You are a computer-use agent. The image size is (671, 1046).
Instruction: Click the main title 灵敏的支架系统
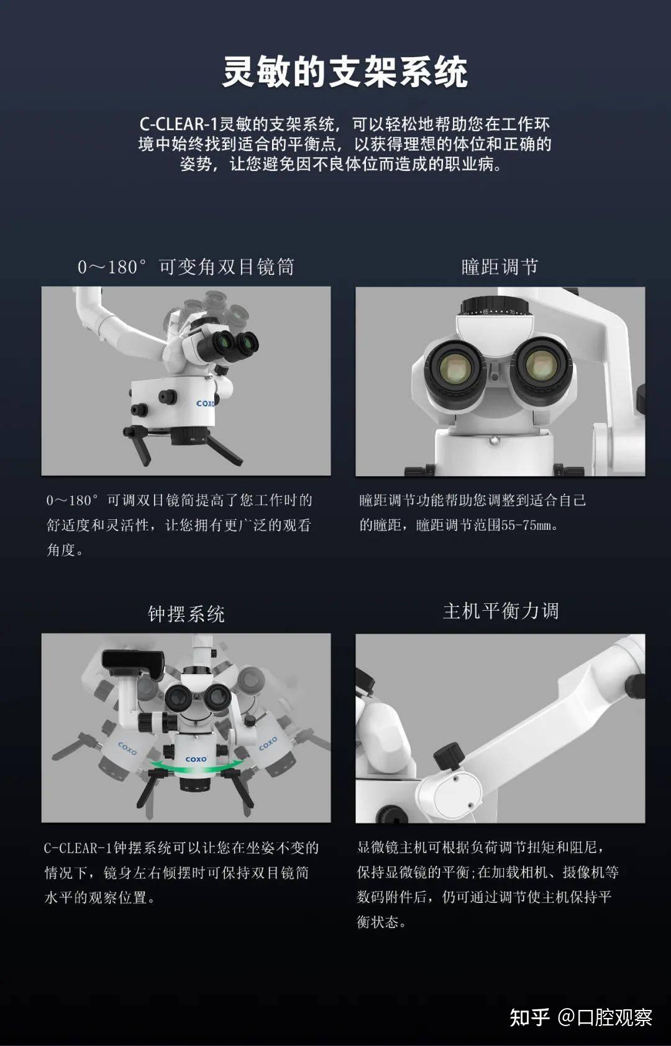[x=345, y=72]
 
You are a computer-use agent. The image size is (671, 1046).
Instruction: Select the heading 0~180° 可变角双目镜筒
[x=186, y=267]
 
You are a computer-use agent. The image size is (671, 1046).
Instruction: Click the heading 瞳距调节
[x=500, y=267]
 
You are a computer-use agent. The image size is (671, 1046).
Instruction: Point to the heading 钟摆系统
[x=186, y=614]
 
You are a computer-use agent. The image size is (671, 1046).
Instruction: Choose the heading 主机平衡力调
[x=500, y=611]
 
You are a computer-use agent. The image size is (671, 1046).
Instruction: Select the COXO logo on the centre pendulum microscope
[x=196, y=759]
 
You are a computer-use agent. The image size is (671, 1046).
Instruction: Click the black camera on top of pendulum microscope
[x=132, y=664]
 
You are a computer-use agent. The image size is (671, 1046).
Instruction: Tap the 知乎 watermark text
[x=529, y=1017]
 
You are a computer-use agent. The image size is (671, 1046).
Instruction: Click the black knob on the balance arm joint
[x=446, y=757]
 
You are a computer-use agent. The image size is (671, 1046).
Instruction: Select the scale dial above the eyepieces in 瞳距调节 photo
[x=495, y=308]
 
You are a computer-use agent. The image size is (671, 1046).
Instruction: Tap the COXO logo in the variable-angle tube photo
[x=205, y=403]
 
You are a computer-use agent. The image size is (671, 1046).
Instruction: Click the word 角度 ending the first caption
[x=60, y=550]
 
